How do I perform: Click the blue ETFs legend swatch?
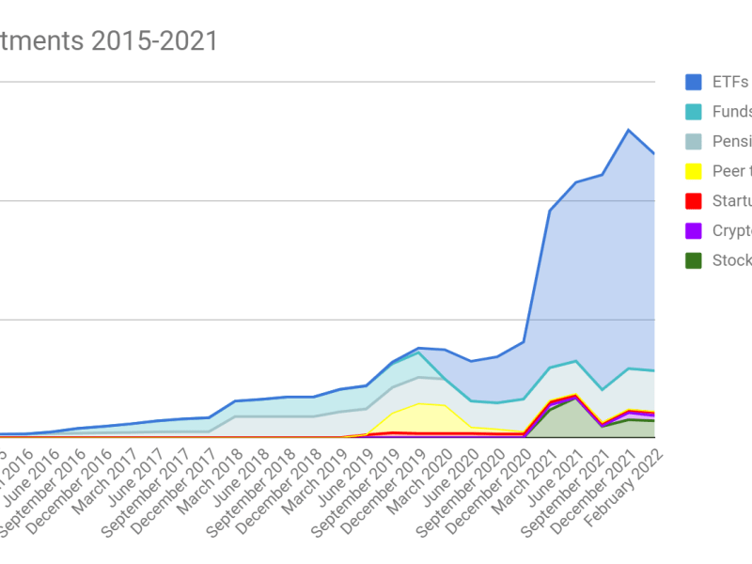[x=694, y=82]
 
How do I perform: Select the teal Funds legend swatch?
[x=694, y=112]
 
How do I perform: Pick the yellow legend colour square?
[x=694, y=171]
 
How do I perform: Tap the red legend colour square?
[x=694, y=200]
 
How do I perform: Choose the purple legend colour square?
[x=694, y=230]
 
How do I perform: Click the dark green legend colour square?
[x=694, y=260]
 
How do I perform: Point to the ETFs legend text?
[x=729, y=82]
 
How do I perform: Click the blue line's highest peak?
[x=629, y=130]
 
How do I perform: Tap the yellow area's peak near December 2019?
[x=418, y=404]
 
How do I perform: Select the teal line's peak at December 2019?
[x=418, y=352]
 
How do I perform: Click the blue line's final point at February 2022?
[x=654, y=153]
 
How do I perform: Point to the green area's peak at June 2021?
[x=576, y=399]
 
